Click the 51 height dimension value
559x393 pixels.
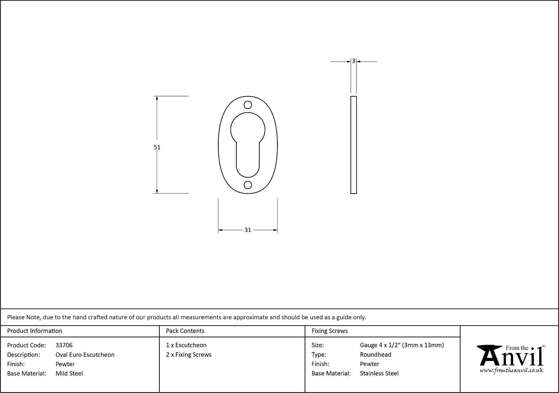tap(157, 147)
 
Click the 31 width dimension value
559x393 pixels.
tap(248, 230)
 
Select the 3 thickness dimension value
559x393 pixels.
tap(353, 61)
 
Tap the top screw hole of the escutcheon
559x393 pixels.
tap(248, 105)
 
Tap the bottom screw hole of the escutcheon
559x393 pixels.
tap(248, 185)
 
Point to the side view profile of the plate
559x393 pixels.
tap(353, 145)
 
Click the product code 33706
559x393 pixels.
tap(64, 345)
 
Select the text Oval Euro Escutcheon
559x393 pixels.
tap(85, 355)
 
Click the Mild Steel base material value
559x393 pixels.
tap(69, 373)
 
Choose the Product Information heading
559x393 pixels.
tap(35, 331)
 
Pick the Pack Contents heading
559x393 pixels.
tap(185, 331)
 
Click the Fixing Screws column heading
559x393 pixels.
tap(329, 331)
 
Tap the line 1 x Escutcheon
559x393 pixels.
tap(186, 345)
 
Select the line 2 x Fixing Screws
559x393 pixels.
tap(189, 355)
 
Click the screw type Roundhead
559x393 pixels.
tap(375, 355)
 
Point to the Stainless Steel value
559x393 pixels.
tap(379, 373)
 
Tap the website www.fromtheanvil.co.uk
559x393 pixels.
tap(511, 371)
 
